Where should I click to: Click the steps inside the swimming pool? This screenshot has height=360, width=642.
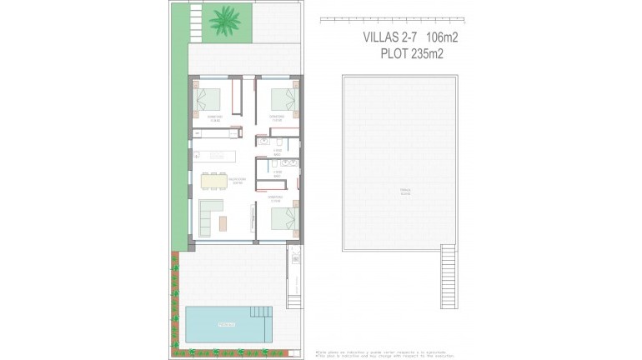pyautogui.click(x=261, y=314)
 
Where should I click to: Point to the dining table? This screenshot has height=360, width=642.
pyautogui.click(x=214, y=180)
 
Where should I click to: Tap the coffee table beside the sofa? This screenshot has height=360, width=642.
pyautogui.click(x=223, y=222)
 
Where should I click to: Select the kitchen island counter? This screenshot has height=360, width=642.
pyautogui.click(x=215, y=155)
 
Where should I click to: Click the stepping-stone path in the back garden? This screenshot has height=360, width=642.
pyautogui.click(x=194, y=22)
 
